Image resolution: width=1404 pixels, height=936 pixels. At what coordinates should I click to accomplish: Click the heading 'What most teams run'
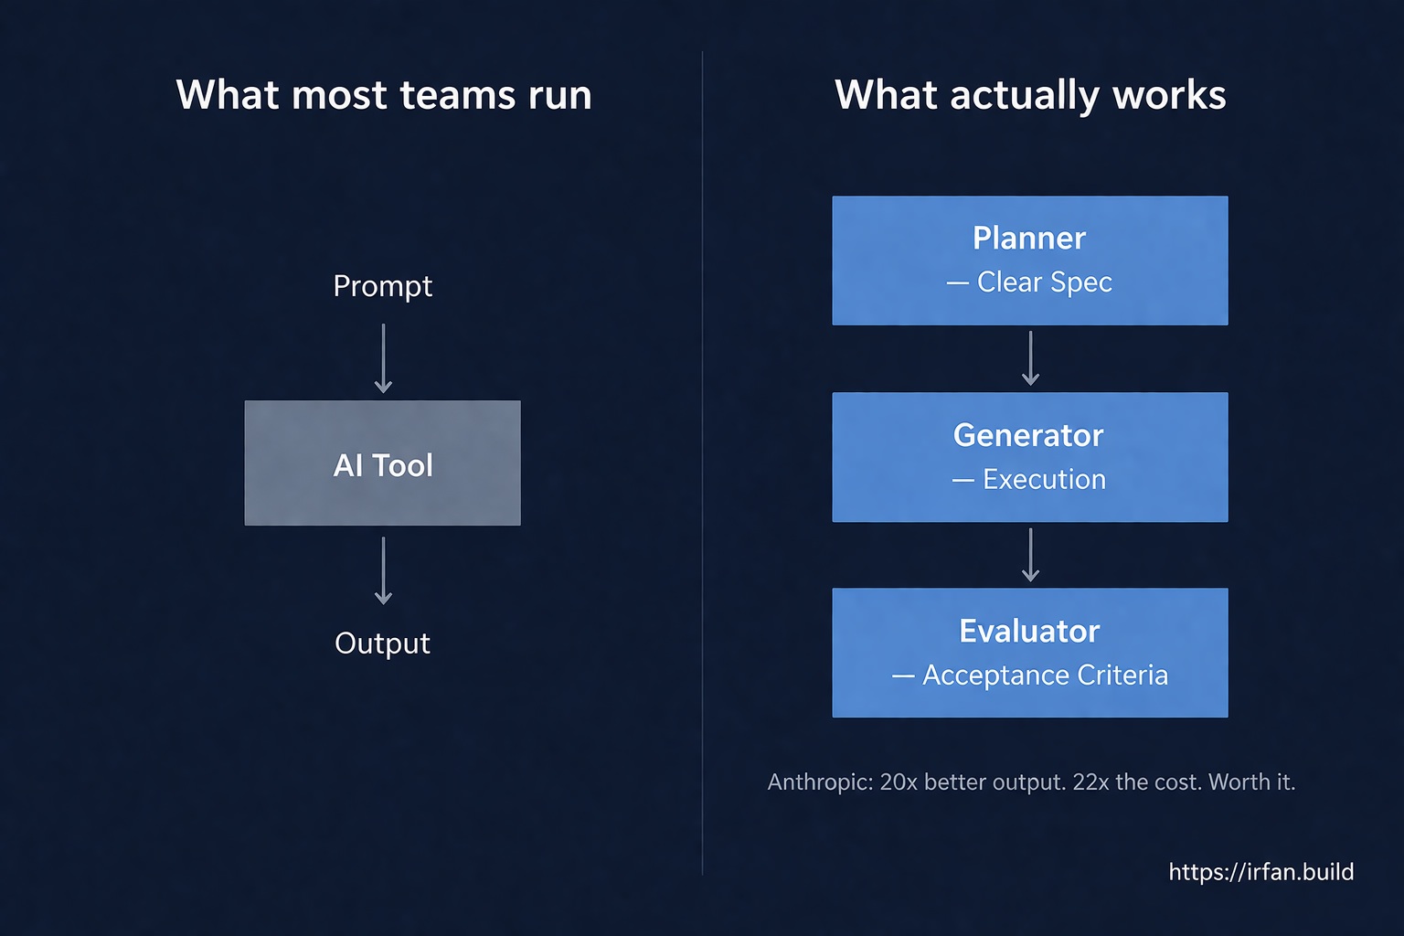(x=384, y=95)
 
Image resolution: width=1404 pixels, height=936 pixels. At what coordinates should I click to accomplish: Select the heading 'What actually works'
(x=1030, y=95)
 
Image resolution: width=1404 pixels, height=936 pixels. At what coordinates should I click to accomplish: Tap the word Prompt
(x=382, y=286)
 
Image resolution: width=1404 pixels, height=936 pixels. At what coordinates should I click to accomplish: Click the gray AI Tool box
(x=382, y=463)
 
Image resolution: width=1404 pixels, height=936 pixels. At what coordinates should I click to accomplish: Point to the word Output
(x=382, y=643)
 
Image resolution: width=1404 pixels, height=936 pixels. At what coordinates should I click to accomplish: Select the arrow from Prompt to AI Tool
(x=384, y=358)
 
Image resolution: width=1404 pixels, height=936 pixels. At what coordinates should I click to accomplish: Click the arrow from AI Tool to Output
(x=384, y=570)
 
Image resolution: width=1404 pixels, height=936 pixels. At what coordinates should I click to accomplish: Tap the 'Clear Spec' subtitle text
(x=1044, y=282)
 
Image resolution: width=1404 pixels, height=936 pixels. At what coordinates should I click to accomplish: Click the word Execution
(x=1044, y=480)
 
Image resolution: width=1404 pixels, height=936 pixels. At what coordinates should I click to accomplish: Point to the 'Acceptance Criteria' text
(x=1045, y=675)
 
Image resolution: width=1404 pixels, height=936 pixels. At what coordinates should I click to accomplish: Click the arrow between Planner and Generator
(x=1031, y=358)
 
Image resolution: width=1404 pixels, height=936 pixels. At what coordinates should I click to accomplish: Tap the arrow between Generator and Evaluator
(x=1031, y=555)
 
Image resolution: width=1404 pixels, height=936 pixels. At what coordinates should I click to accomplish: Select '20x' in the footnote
(x=899, y=782)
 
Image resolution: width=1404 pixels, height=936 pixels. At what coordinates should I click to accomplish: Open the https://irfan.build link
(x=1260, y=872)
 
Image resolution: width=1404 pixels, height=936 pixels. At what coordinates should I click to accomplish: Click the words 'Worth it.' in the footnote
(x=1251, y=782)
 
